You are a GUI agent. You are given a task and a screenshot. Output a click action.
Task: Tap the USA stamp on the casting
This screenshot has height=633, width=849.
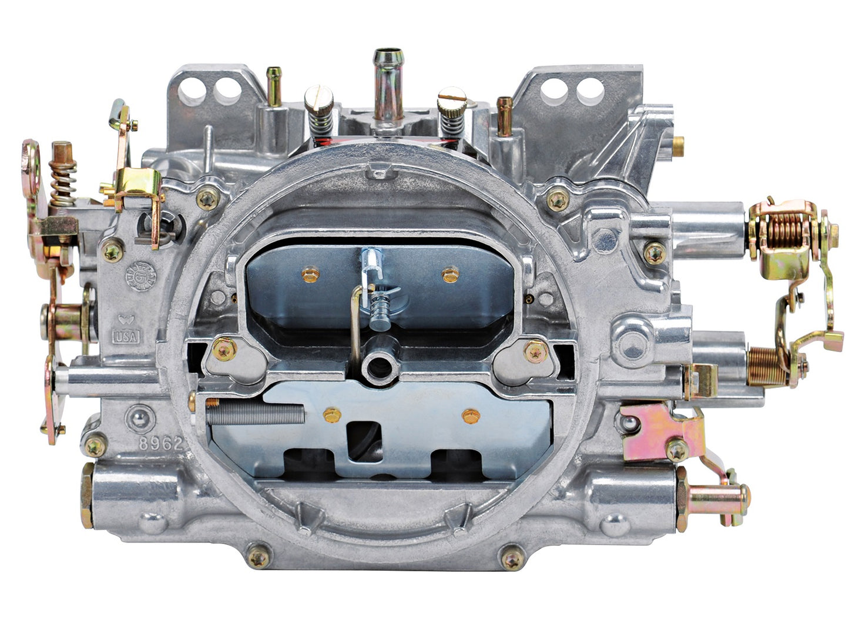[126, 337]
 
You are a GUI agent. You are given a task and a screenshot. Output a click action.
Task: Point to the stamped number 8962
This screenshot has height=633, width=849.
[154, 444]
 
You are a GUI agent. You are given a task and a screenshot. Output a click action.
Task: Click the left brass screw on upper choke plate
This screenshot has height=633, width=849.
[310, 274]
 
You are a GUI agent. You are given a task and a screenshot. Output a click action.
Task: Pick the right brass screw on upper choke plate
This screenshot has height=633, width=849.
[450, 274]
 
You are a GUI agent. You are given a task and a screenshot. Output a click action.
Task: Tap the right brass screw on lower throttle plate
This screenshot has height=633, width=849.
[471, 416]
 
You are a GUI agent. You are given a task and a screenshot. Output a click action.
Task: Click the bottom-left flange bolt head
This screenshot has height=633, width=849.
[258, 555]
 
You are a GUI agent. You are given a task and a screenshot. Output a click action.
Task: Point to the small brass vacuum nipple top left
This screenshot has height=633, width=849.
[273, 85]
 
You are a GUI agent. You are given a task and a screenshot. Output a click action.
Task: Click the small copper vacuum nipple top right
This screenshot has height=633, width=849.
[504, 115]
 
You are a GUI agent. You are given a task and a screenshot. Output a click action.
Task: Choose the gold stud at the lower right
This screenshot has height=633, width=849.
[714, 501]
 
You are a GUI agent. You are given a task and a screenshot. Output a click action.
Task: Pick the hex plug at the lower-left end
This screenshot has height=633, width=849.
[86, 495]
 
